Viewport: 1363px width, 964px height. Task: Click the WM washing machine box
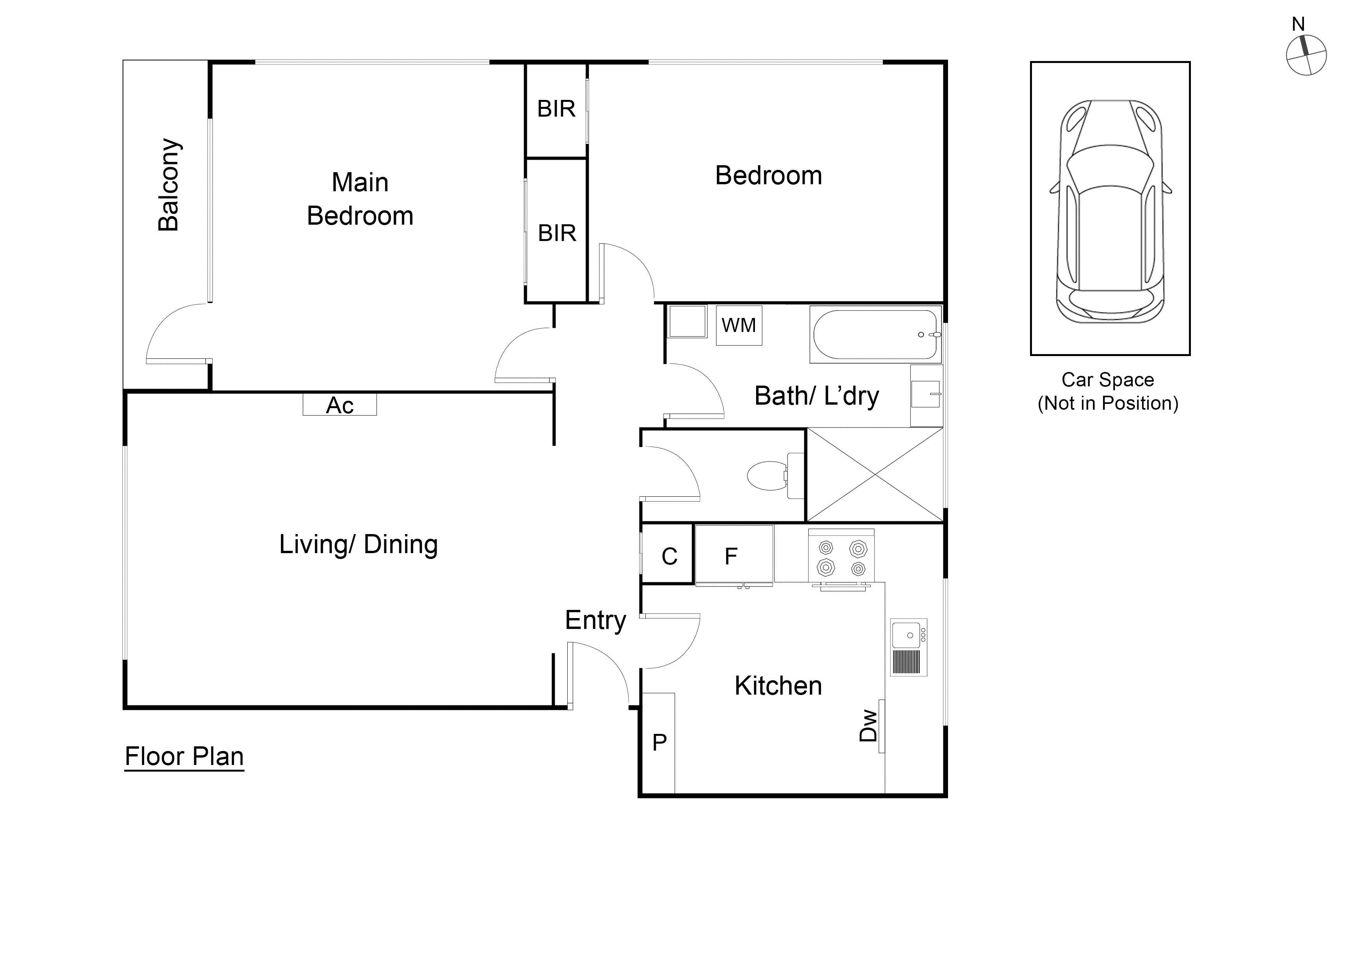tap(739, 325)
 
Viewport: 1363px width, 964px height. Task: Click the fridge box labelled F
tap(734, 555)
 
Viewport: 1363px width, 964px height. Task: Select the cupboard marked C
tap(668, 556)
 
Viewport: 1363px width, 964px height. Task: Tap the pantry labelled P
tap(659, 742)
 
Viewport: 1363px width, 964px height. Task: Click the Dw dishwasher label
tap(868, 725)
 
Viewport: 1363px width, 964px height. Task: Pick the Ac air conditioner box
tap(340, 405)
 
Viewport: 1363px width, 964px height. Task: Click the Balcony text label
tap(169, 185)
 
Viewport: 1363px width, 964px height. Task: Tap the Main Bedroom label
tap(360, 199)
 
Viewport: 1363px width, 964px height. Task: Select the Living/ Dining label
tap(359, 545)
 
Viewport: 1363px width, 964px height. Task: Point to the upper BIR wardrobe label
tap(556, 109)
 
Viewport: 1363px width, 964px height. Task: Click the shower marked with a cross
tap(875, 475)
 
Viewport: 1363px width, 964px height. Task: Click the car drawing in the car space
tap(1110, 211)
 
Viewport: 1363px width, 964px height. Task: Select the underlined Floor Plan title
tap(184, 757)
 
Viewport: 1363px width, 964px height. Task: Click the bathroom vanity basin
tap(926, 395)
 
